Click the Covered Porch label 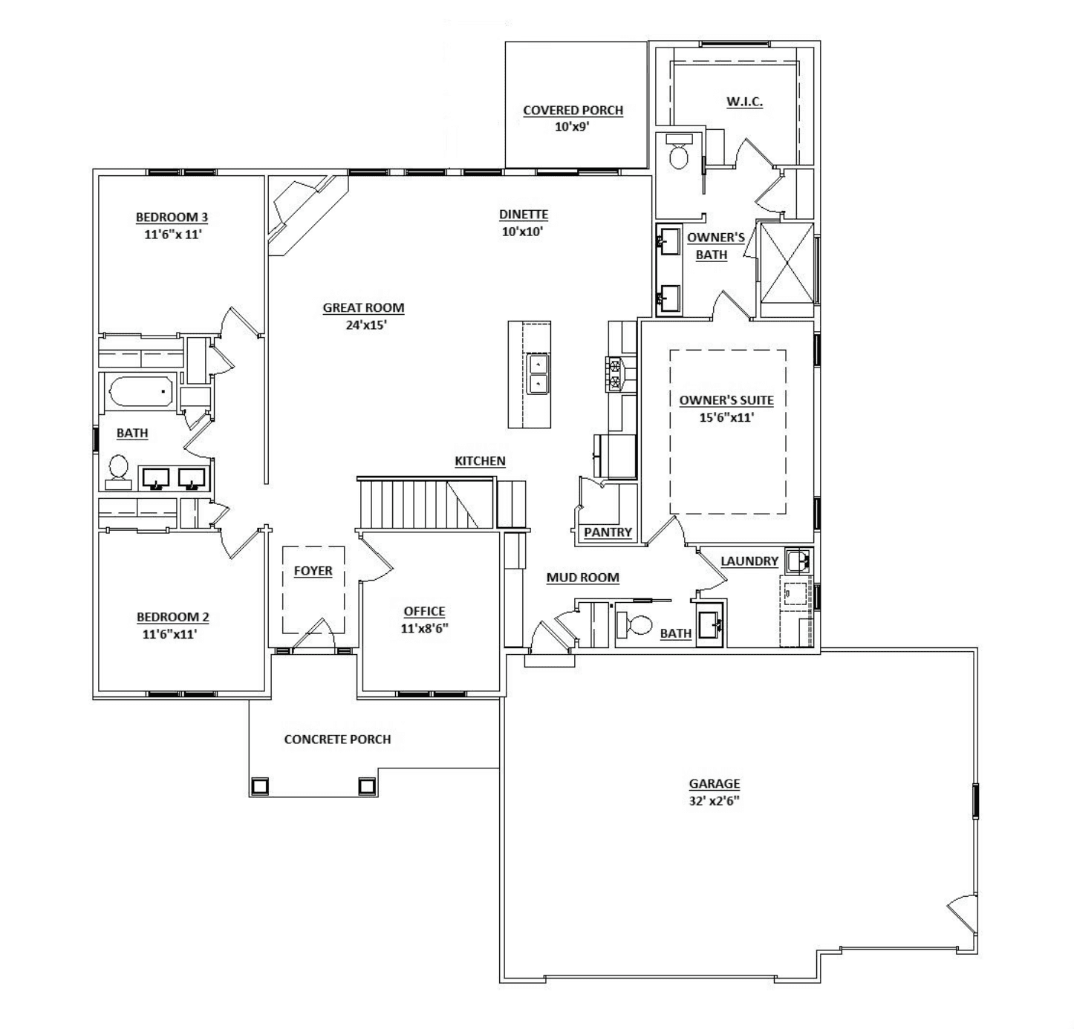tap(573, 111)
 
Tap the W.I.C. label tap(743, 101)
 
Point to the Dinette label tap(524, 215)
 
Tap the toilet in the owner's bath tap(679, 154)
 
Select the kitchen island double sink tap(538, 374)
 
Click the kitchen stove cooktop tap(615, 373)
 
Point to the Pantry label tap(608, 532)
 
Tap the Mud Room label tap(582, 578)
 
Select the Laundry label tap(749, 561)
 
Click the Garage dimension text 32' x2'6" tap(715, 801)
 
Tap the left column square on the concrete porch tap(260, 785)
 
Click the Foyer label tap(313, 571)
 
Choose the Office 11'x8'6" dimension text tap(424, 628)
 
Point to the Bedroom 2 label tap(172, 617)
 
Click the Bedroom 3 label tap(172, 218)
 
